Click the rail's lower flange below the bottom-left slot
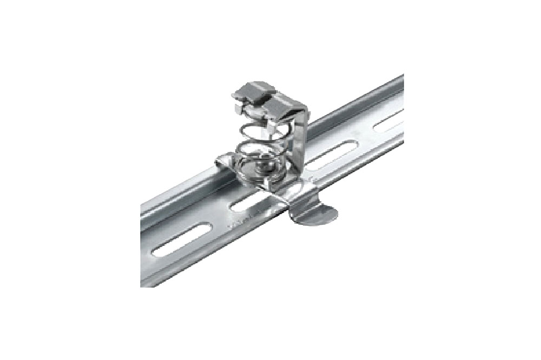pos(179,265)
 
